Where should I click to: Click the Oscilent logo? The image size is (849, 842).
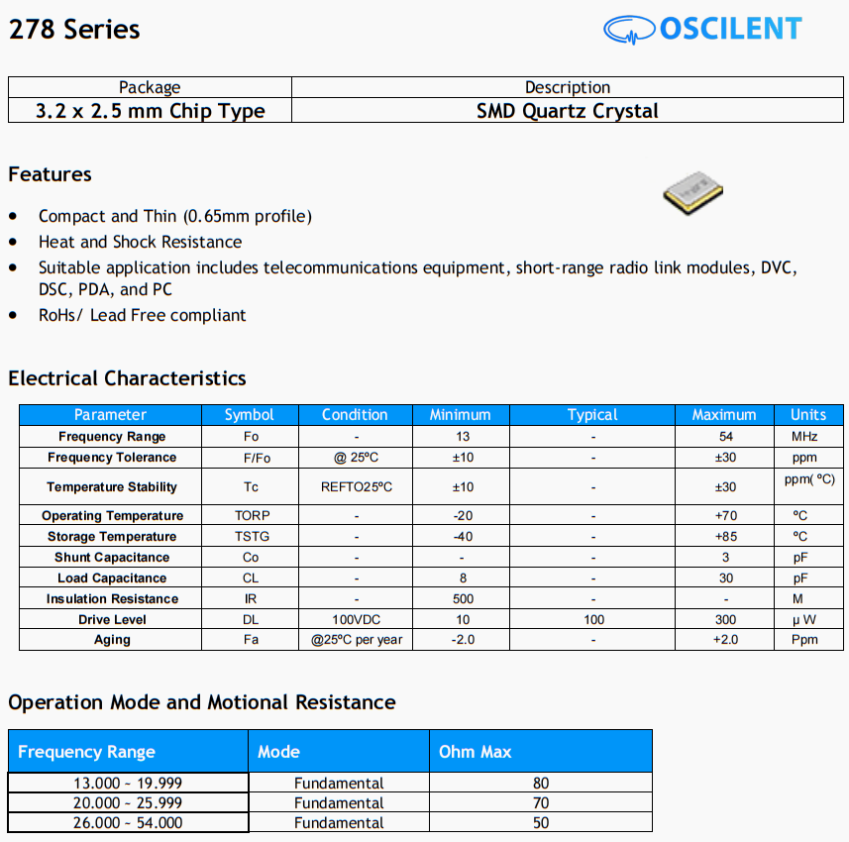click(x=702, y=29)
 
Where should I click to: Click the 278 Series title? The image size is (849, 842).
click(x=74, y=30)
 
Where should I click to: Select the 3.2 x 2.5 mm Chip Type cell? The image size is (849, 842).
click(x=150, y=110)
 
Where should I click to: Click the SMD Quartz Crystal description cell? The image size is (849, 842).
click(x=567, y=110)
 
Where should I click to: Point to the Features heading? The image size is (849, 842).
click(x=50, y=174)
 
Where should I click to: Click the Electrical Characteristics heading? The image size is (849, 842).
click(x=127, y=378)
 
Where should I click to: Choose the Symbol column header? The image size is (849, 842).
click(x=249, y=415)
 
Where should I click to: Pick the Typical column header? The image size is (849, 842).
click(x=592, y=415)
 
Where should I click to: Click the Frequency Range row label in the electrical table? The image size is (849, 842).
click(x=112, y=437)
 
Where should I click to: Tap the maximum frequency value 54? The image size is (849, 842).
click(x=725, y=437)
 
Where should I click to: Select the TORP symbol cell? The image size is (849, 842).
click(x=252, y=516)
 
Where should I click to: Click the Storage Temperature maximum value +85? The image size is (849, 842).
click(x=725, y=537)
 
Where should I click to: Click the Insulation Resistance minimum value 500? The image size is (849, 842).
click(x=462, y=599)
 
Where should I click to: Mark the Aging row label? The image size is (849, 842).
click(x=112, y=640)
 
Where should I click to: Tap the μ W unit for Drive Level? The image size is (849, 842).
click(x=804, y=620)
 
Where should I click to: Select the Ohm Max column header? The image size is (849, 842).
click(x=476, y=752)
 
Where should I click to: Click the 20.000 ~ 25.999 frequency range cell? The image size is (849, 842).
click(x=128, y=802)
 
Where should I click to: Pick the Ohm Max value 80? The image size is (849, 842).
click(x=540, y=783)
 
